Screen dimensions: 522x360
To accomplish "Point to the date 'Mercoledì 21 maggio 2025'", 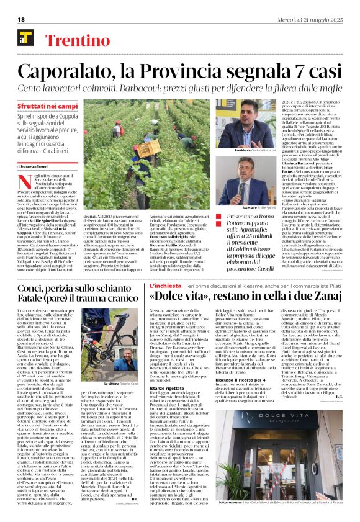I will click(x=317, y=19).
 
